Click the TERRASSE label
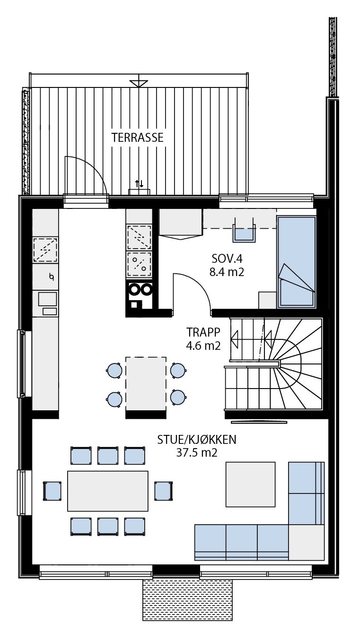(x=138, y=138)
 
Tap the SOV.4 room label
(x=226, y=259)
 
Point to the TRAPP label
(x=203, y=332)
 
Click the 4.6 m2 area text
(x=203, y=345)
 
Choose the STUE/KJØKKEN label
(x=197, y=440)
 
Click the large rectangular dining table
(x=108, y=491)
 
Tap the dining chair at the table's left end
(x=52, y=491)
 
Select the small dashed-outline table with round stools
(x=146, y=384)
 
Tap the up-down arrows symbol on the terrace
(x=140, y=183)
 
